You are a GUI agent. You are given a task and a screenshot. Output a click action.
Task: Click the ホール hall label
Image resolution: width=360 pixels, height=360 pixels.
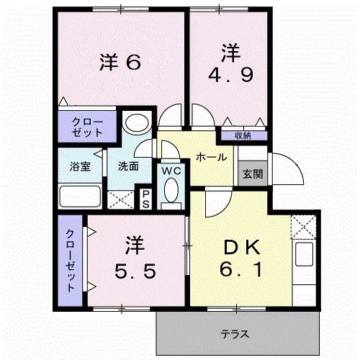tap(211, 156)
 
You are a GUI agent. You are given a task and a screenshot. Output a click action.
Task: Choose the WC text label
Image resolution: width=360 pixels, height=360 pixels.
tap(171, 171)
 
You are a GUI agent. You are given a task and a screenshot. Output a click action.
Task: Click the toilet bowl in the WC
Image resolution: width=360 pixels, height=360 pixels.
tap(171, 192)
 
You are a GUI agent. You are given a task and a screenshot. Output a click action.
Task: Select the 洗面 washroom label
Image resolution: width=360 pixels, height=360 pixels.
tap(129, 166)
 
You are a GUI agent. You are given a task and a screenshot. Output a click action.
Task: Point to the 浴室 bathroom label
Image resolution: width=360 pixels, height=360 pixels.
tap(80, 166)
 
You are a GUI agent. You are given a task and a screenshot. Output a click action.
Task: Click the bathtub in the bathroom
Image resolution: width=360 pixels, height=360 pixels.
tap(80, 196)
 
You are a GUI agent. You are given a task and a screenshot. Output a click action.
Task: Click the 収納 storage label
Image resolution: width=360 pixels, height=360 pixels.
tap(243, 135)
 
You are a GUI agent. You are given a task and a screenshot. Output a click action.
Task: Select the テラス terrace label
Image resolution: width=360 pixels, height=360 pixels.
tap(235, 333)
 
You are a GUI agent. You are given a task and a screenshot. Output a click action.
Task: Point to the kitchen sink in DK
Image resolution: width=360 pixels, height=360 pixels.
tap(303, 254)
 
